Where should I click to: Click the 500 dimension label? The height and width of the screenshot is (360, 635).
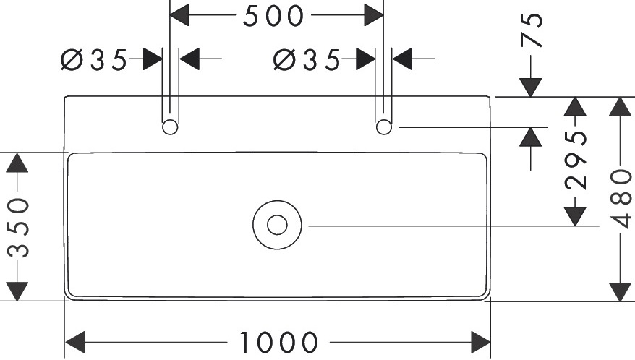coord(273,16)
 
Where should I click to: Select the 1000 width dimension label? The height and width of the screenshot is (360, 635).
coord(278,341)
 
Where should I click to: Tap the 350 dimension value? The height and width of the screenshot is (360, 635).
coord(18,227)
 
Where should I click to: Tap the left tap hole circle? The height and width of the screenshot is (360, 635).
coord(170,127)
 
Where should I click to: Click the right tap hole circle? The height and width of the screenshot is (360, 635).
coord(384,127)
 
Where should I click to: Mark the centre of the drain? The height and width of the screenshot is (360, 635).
coord(277,225)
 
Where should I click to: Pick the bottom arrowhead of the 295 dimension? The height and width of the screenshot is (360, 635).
coord(575,215)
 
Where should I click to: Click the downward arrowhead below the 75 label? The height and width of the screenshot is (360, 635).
coord(532,87)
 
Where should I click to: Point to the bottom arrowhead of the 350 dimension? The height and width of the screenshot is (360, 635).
coord(18,291)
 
